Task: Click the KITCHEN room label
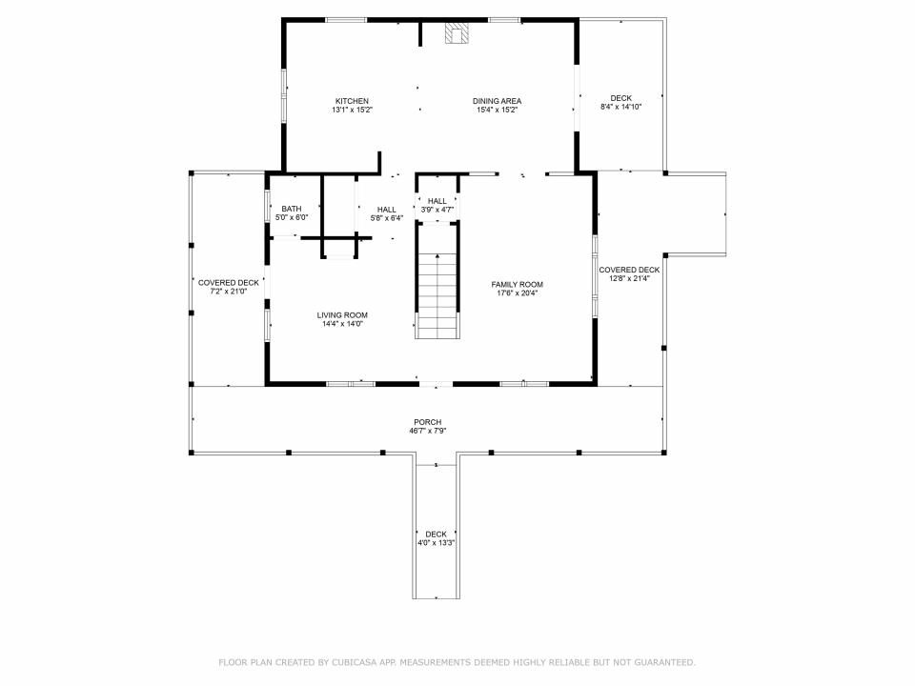[x=352, y=101]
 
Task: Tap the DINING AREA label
[x=498, y=101]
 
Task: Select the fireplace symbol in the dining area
[x=457, y=33]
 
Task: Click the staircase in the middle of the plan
[x=437, y=280]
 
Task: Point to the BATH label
[x=292, y=209]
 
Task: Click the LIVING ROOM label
[x=342, y=315]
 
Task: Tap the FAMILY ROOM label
[x=517, y=285]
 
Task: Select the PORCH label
[x=428, y=422]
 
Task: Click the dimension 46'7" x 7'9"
[x=428, y=431]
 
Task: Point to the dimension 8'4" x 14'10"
[x=620, y=107]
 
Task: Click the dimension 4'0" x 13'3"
[x=436, y=542]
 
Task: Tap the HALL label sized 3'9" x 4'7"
[x=437, y=201]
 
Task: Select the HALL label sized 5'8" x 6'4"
[x=387, y=210]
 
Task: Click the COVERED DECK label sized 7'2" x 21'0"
[x=229, y=283]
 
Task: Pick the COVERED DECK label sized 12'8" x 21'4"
[x=629, y=270]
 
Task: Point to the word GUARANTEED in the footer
[x=664, y=662]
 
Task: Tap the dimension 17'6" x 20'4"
[x=517, y=293]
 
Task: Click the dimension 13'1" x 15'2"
[x=352, y=110]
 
